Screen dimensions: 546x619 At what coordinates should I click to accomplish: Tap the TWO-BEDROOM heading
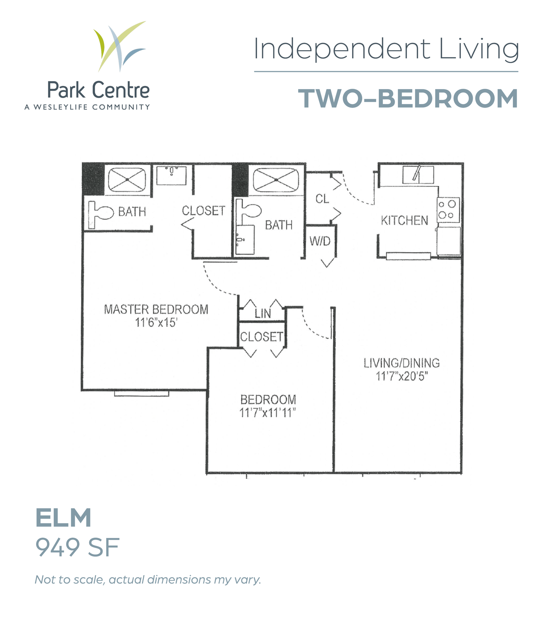(x=408, y=98)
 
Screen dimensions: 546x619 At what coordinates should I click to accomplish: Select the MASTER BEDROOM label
(x=156, y=309)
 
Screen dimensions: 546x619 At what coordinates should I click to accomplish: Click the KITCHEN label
(x=404, y=220)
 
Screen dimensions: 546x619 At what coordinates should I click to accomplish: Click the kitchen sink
(x=418, y=174)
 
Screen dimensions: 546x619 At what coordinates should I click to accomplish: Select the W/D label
(x=320, y=241)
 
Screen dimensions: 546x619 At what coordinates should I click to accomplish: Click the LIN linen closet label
(x=263, y=313)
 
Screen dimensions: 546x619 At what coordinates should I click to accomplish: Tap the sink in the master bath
(x=172, y=175)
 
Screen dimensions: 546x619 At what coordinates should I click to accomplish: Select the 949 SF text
(x=77, y=548)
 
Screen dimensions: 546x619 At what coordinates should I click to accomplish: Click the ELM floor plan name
(x=63, y=517)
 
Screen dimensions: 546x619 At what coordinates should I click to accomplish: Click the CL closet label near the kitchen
(x=322, y=199)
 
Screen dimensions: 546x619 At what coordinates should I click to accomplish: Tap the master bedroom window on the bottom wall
(x=141, y=393)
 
